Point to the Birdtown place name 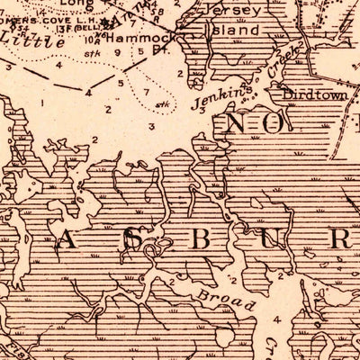point(310,94)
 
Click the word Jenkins point(216,105)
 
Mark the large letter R point(340,238)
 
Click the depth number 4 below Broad point(277,319)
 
